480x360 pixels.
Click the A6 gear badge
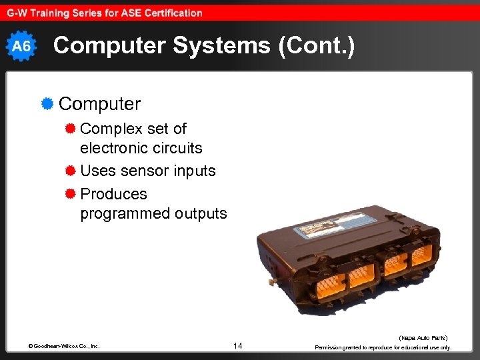22,46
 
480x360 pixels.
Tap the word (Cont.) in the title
313,45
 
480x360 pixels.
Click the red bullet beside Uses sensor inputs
70,171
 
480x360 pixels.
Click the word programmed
125,213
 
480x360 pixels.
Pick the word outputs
201,213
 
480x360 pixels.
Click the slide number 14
239,345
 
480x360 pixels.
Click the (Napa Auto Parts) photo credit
423,338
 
